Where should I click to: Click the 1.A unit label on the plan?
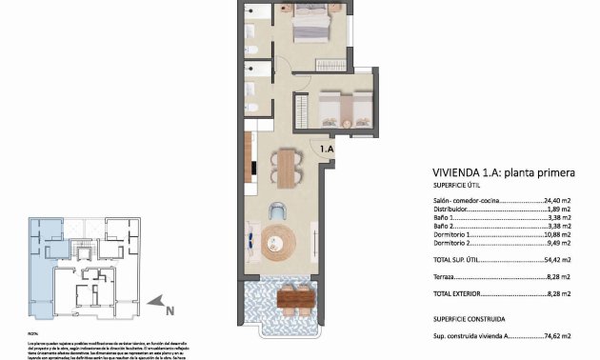point(327,149)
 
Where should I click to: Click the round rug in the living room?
point(280,243)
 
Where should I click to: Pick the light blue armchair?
point(278,211)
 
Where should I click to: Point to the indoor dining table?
point(287,169)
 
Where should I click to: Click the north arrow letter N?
point(169,310)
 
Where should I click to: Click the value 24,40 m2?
point(557,202)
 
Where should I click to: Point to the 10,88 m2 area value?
point(557,233)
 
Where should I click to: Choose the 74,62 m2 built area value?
point(557,336)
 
